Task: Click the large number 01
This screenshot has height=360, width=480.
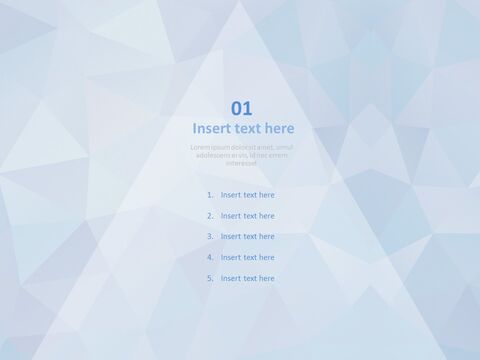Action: pos(242,108)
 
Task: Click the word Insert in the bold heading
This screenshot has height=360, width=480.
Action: pos(213,128)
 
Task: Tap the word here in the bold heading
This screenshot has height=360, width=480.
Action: pos(280,128)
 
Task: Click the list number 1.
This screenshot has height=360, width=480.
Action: pos(210,195)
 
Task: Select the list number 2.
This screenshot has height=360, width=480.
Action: pos(210,216)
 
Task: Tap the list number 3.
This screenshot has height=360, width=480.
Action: pos(210,237)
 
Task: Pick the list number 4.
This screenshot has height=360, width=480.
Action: pos(210,258)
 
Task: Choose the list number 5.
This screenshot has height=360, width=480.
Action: pos(210,279)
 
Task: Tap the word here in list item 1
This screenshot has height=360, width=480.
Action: pos(266,195)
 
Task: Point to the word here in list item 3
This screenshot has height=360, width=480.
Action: pos(266,237)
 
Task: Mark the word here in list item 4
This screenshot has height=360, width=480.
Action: pos(266,258)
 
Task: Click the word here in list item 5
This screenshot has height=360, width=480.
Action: pos(266,279)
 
